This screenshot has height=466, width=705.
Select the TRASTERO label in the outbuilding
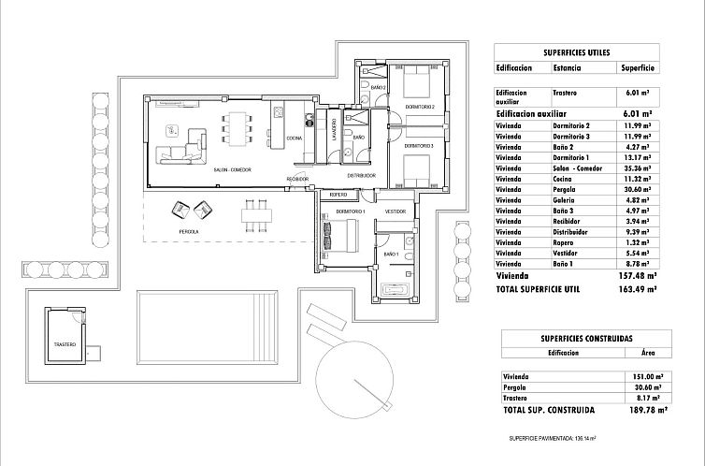65,343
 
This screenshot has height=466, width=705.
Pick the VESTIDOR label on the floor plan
396,212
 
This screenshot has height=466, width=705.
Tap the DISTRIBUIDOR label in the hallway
361,175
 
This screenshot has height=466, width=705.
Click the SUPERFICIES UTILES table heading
576,52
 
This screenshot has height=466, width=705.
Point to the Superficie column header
637,68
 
